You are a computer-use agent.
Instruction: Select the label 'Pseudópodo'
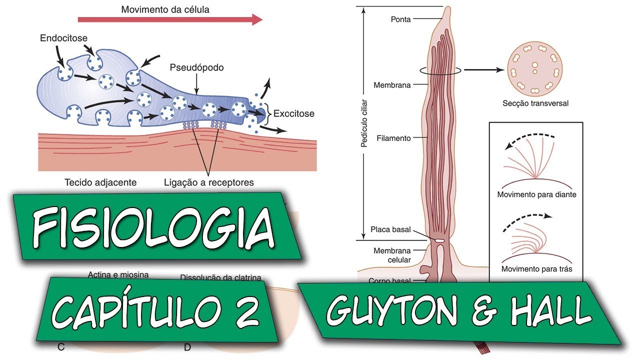click(196, 67)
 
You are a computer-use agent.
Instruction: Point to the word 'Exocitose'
click(294, 113)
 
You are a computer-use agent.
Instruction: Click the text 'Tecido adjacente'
click(100, 182)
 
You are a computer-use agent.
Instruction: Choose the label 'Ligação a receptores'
click(209, 182)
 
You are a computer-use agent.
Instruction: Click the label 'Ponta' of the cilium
click(400, 19)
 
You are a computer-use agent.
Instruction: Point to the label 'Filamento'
click(394, 137)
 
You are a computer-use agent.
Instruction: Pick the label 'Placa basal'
click(390, 230)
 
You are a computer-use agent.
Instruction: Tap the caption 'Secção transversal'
click(535, 104)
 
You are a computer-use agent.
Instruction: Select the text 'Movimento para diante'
click(536, 194)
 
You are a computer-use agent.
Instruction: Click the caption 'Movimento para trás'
click(536, 268)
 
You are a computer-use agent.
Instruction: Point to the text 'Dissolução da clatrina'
click(220, 277)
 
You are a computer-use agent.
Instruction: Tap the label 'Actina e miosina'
click(118, 274)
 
